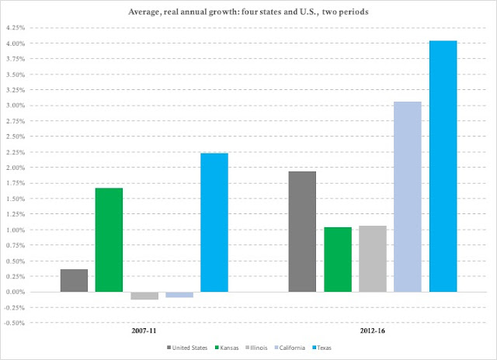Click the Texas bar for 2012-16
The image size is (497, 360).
click(443, 166)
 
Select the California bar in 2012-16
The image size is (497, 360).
click(408, 196)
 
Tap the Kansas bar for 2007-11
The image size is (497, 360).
click(109, 240)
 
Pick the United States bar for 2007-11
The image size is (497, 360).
click(75, 281)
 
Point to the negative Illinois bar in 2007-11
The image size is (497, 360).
click(144, 296)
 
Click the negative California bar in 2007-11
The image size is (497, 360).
click(179, 295)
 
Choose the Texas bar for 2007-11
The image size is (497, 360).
click(214, 223)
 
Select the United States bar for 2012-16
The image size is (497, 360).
click(302, 232)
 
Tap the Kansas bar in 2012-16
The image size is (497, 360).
click(338, 260)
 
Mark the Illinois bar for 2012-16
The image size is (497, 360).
click(373, 258)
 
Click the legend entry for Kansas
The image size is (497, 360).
click(227, 348)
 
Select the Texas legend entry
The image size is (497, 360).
click(321, 348)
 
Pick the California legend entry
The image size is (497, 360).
click(290, 348)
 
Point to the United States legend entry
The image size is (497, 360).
click(187, 348)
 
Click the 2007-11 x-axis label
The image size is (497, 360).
click(144, 331)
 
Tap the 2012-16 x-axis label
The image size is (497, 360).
click(373, 331)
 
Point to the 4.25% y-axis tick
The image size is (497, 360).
click(16, 28)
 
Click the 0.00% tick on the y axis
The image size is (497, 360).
click(16, 292)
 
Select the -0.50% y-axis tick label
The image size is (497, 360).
click(14, 323)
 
